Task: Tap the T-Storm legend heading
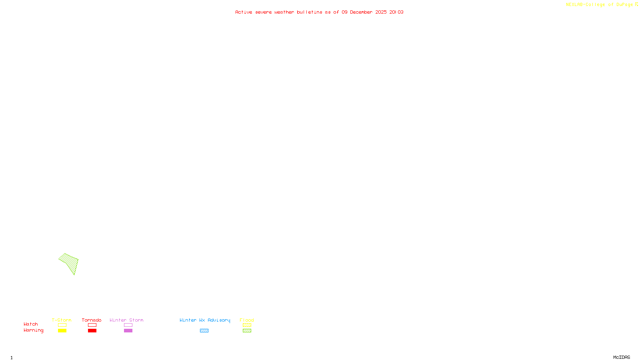click(x=62, y=320)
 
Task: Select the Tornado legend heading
click(x=92, y=320)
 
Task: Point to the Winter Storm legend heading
click(x=126, y=320)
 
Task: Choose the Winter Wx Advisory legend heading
click(x=205, y=320)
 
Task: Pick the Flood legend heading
click(x=247, y=320)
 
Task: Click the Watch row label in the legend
click(x=31, y=324)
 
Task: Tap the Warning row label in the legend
click(x=33, y=330)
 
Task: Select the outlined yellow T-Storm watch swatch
click(x=62, y=325)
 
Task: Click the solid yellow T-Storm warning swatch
click(x=62, y=331)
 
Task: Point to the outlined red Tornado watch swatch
click(x=92, y=325)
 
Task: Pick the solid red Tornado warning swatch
click(x=92, y=331)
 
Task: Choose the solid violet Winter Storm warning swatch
click(x=128, y=331)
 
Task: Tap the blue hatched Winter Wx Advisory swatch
click(x=204, y=331)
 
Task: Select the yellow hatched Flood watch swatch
click(x=247, y=325)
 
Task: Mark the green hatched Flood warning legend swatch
click(x=247, y=331)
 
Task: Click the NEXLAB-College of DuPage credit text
click(x=600, y=5)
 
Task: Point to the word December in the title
click(x=361, y=12)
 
